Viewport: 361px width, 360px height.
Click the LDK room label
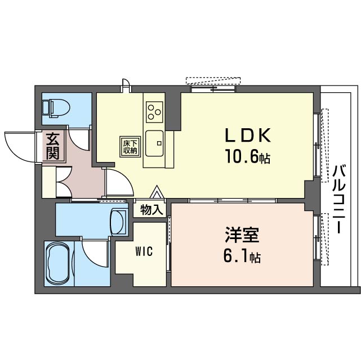coord(247,135)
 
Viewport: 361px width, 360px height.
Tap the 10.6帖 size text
coord(248,156)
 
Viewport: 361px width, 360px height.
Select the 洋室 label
coord(242,235)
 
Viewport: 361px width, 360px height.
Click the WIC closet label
coord(144,251)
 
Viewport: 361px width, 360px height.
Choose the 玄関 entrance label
coord(53,146)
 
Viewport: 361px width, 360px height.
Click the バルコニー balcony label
coord(338,199)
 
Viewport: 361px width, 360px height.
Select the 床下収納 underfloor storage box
coord(130,147)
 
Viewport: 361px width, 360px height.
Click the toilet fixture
coord(56,108)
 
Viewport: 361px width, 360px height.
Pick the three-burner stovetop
coord(154,112)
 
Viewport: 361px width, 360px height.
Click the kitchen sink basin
coord(154,143)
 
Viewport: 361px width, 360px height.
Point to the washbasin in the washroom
coord(118,222)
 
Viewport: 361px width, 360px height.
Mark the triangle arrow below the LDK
coord(158,192)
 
